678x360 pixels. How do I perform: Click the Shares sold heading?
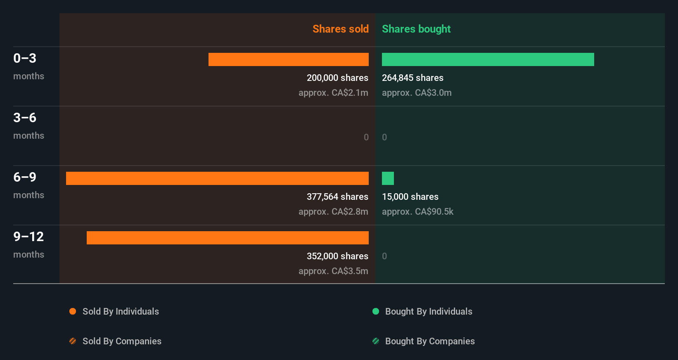coord(340,29)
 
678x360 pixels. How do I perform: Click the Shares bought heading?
coord(416,29)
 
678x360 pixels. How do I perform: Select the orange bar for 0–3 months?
coord(288,59)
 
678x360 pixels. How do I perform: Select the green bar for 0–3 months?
coord(488,59)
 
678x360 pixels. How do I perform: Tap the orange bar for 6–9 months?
coord(217,178)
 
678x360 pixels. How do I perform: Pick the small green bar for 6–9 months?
coord(388,178)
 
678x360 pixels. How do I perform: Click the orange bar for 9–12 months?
coord(228,238)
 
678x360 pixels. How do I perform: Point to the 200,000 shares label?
coord(337,78)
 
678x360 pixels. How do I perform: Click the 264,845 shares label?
coord(412,78)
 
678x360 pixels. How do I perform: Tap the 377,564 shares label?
coord(337,197)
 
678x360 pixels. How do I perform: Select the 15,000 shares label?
coord(410,197)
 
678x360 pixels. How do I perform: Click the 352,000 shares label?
coord(337,256)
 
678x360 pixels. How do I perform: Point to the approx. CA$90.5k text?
coord(417,211)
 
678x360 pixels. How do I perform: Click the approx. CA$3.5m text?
coord(333,271)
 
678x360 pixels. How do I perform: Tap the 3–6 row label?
coord(25,118)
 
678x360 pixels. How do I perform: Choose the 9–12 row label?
coord(28,237)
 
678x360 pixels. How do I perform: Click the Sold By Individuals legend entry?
coord(120,311)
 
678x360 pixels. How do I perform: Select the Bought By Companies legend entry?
coord(429,341)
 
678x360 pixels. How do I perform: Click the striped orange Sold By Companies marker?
coord(73,341)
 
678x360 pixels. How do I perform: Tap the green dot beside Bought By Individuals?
coord(376,311)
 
